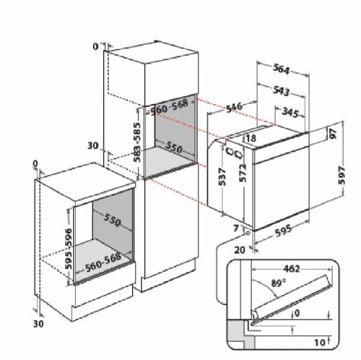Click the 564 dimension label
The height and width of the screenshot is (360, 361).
281,69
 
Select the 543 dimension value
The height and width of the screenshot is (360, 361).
281,91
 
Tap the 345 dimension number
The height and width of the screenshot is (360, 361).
290,112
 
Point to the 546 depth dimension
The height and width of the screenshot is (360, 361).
234,107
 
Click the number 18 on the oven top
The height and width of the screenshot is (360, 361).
251,138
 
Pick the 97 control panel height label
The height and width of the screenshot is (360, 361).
333,134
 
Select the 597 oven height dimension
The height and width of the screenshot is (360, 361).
342,175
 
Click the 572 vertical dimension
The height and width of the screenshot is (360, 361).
243,173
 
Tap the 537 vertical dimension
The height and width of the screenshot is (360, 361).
222,176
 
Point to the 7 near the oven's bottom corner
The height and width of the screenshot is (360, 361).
236,228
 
